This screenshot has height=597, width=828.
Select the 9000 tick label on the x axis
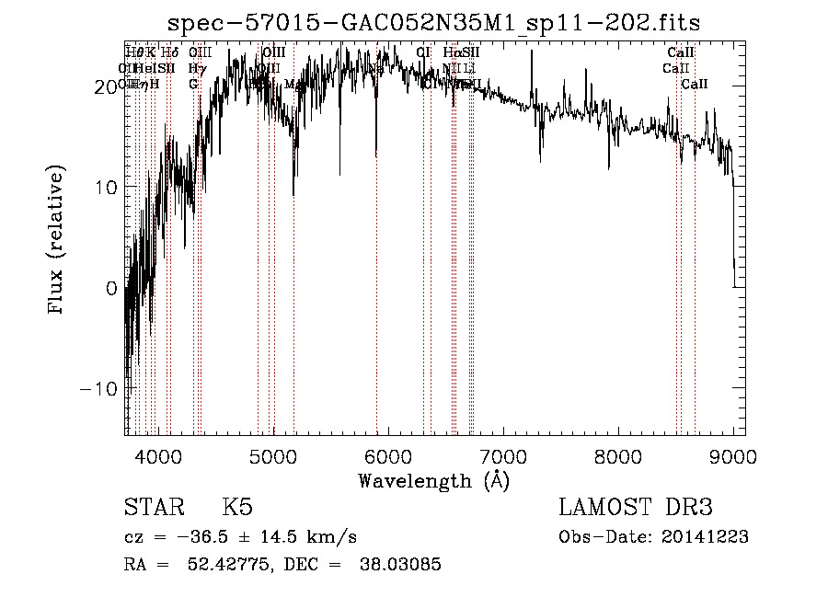[x=732, y=456]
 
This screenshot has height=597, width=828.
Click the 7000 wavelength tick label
[x=502, y=456]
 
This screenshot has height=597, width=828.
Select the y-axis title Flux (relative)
[x=57, y=241]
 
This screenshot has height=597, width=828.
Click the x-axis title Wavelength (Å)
[x=433, y=480]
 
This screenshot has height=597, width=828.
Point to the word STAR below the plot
[x=154, y=508]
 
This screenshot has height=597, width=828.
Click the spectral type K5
[x=236, y=508]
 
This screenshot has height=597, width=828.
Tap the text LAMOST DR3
[x=636, y=508]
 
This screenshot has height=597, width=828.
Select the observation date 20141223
[x=706, y=537]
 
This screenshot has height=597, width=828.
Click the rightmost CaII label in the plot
[x=695, y=85]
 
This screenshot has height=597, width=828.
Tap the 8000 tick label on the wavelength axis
[x=617, y=456]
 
